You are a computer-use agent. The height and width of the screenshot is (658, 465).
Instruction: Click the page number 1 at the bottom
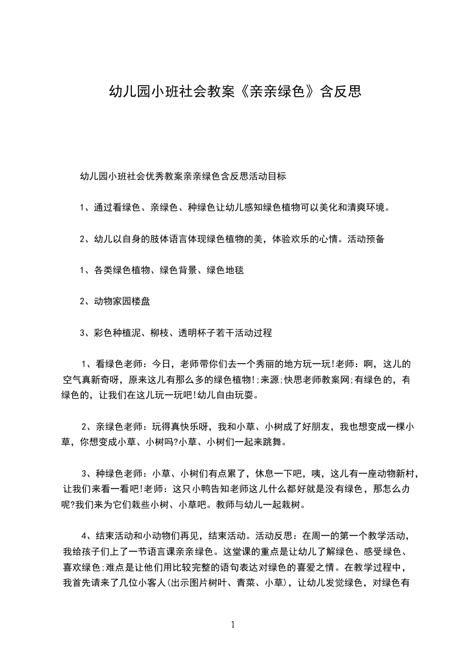233,624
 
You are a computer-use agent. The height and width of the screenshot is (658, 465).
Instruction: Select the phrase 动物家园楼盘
124,302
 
